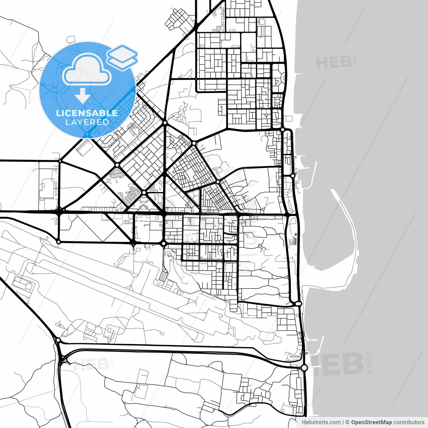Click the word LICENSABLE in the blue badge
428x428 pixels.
click(x=87, y=113)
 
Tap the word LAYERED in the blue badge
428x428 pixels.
click(x=87, y=122)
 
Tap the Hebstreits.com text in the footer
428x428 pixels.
click(x=321, y=422)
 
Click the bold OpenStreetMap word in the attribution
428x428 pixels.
click(x=371, y=422)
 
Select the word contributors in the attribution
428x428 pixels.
click(x=409, y=422)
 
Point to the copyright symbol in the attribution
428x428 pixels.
click(x=347, y=422)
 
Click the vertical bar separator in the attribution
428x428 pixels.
click(x=343, y=422)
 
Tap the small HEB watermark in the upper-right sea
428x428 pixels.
click(x=334, y=63)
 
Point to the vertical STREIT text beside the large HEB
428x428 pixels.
click(x=369, y=362)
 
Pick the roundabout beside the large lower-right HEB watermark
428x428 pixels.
click(x=304, y=368)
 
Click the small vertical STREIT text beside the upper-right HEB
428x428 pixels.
click(x=354, y=61)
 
